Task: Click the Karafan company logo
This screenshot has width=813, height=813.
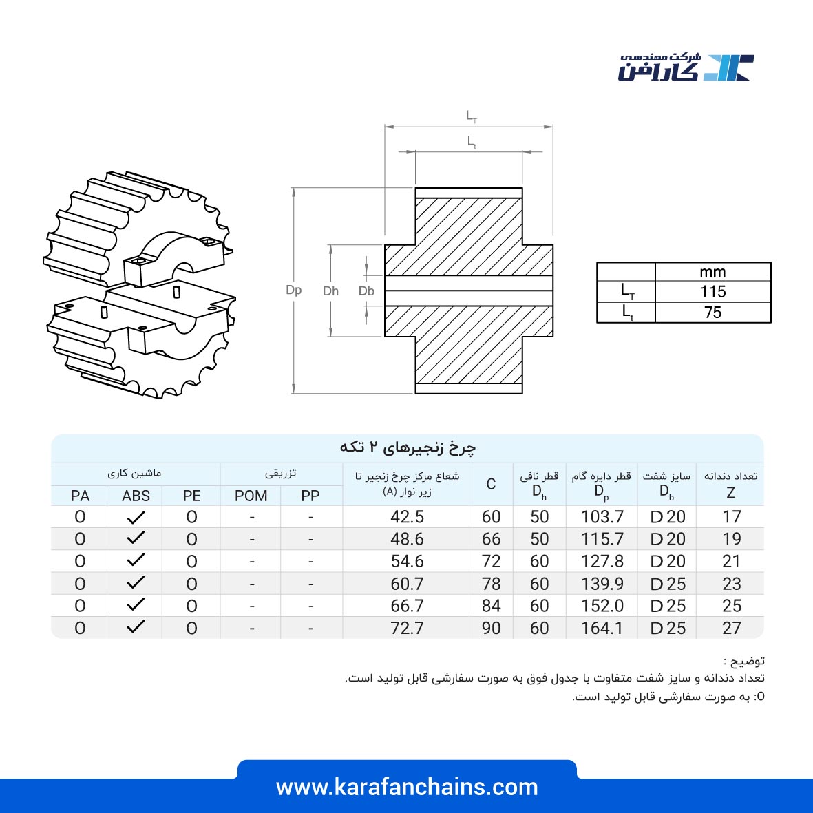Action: [686, 67]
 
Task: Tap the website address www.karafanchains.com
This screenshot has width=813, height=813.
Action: [407, 787]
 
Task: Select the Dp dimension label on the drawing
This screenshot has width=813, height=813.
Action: [293, 290]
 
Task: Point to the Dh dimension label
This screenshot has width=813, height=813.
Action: [331, 291]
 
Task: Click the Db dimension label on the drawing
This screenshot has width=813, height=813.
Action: [367, 291]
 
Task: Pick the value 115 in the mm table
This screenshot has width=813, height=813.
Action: [713, 292]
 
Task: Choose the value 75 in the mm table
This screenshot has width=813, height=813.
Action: [713, 313]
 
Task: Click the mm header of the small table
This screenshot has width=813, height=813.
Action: [713, 272]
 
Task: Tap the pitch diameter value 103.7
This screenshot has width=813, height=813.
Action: [602, 517]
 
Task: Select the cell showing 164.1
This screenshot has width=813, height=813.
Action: [602, 628]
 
